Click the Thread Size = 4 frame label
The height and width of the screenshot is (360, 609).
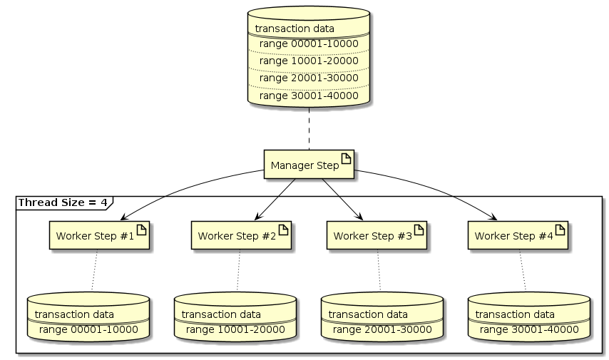(x=63, y=202)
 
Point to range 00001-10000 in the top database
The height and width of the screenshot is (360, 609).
(x=308, y=43)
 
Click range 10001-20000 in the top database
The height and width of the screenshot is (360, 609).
(x=308, y=61)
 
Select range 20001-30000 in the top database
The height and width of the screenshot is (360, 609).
(x=308, y=78)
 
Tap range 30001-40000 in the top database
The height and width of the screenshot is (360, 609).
(x=308, y=95)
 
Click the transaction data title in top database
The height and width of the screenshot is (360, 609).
(x=295, y=29)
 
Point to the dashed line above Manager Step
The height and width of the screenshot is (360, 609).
(x=309, y=129)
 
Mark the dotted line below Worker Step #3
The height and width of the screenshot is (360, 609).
(x=378, y=271)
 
